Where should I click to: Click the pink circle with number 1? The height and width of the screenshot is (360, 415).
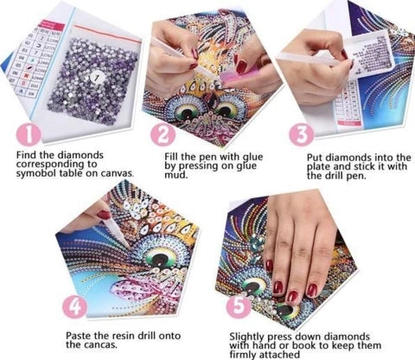click(x=29, y=135)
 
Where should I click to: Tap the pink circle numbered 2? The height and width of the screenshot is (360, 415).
click(x=163, y=135)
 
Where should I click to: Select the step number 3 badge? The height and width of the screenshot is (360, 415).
click(x=300, y=135)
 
